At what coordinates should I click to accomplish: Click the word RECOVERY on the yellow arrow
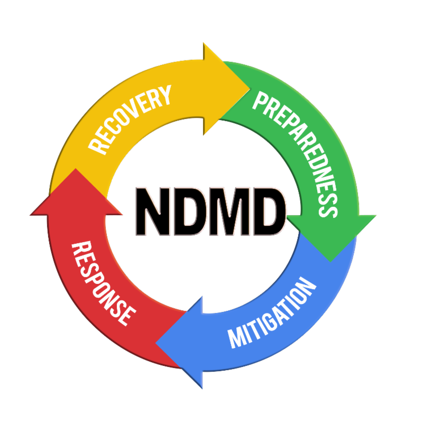pyautogui.click(x=130, y=120)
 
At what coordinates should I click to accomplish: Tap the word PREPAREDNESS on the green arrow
pyautogui.click(x=296, y=153)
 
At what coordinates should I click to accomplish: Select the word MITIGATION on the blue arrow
pyautogui.click(x=272, y=312)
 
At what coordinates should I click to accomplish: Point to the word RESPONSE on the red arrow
pyautogui.click(x=103, y=283)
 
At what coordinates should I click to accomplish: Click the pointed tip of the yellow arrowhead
pyautogui.click(x=250, y=88)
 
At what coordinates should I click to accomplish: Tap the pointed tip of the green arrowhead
pyautogui.click(x=331, y=262)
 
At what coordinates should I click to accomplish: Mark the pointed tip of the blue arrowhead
pyautogui.click(x=155, y=343)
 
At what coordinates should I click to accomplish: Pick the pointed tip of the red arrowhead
pyautogui.click(x=76, y=169)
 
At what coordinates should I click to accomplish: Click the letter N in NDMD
pyautogui.click(x=153, y=212)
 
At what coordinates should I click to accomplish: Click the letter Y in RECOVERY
pyautogui.click(x=163, y=95)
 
